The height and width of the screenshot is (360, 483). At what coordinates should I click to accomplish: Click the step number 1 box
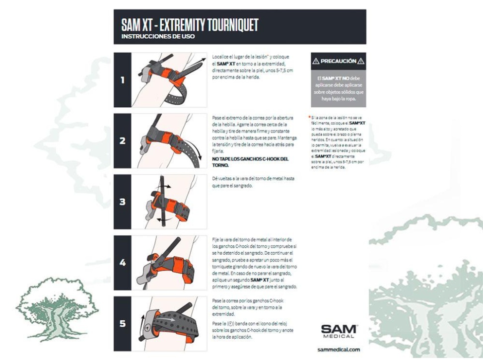click(x=122, y=80)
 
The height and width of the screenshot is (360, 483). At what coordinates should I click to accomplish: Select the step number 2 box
click(x=122, y=141)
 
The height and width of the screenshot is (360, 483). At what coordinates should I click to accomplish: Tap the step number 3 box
click(x=122, y=202)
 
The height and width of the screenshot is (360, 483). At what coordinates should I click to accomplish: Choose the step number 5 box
click(x=122, y=323)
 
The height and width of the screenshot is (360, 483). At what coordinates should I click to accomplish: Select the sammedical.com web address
click(x=339, y=349)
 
